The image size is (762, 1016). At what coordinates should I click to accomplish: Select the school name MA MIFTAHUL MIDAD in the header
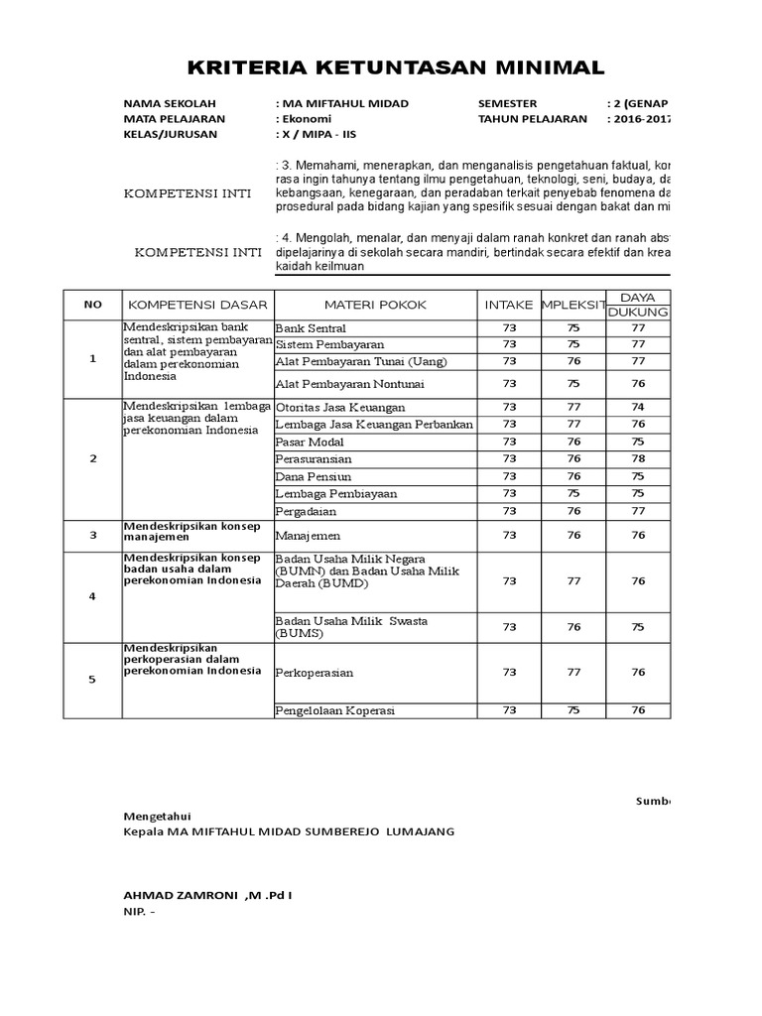(343, 104)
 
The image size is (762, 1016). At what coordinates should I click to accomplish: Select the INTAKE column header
(509, 304)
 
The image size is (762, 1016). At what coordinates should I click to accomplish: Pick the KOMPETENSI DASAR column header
(197, 304)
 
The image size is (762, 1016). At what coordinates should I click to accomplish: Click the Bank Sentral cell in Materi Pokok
(312, 327)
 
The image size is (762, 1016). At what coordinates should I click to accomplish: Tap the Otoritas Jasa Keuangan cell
(340, 407)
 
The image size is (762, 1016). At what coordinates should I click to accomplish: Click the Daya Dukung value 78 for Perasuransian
(638, 458)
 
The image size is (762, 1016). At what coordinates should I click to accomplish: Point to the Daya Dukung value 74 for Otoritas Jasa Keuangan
(638, 407)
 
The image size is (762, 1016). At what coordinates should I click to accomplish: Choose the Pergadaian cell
(306, 511)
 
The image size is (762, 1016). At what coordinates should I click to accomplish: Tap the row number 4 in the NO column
(92, 596)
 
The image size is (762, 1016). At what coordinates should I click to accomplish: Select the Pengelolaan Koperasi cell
(334, 709)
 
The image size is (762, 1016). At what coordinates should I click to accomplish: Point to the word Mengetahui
(155, 815)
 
